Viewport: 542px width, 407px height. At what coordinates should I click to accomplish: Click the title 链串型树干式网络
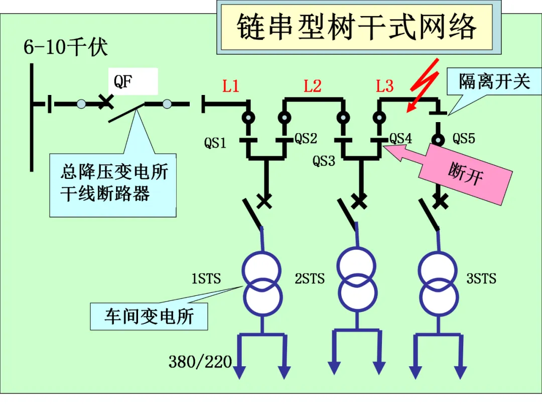356,27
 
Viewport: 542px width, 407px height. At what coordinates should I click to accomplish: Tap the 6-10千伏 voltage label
65,47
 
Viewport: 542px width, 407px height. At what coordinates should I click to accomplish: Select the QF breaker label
123,82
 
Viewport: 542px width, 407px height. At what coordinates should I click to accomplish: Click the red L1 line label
230,86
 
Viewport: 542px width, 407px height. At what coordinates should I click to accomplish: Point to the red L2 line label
313,86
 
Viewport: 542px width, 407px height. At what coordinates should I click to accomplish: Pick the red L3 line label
385,86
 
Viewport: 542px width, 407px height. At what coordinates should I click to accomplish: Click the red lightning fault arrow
424,85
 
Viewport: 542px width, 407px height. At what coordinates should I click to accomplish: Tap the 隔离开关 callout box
494,82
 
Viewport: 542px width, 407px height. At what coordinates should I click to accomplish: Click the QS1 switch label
215,143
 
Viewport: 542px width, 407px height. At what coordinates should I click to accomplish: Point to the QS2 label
306,139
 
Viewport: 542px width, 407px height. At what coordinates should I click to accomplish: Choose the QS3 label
324,161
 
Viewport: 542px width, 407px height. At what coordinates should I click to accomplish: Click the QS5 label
464,139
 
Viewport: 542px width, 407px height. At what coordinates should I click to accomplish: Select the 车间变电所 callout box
149,317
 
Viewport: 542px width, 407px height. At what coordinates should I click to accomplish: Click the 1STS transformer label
206,278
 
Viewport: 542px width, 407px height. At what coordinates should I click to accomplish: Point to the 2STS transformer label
310,278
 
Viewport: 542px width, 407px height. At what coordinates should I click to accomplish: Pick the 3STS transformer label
481,278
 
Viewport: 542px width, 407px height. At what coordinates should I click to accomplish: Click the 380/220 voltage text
200,362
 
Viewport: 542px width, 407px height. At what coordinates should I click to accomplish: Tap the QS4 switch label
400,139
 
